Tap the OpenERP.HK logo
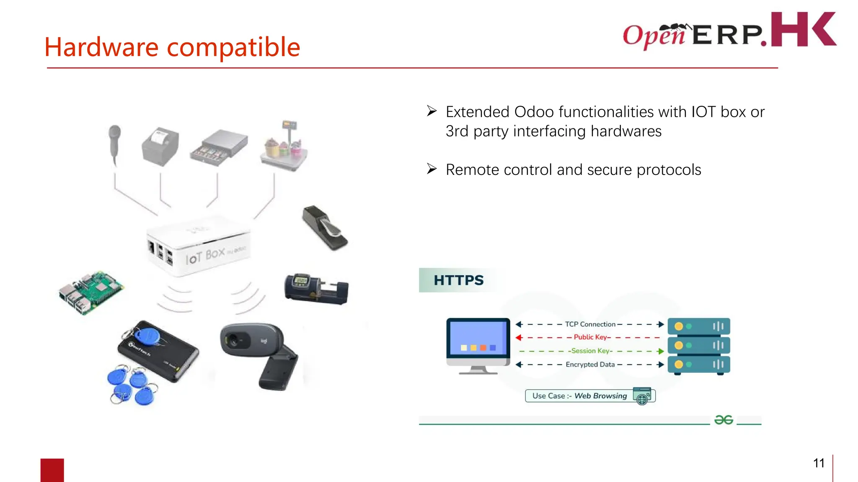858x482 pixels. [729, 31]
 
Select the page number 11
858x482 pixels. [819, 463]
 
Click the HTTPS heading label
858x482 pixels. [458, 280]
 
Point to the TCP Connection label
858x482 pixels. [590, 324]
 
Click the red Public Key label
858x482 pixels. [590, 337]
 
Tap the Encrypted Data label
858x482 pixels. [590, 364]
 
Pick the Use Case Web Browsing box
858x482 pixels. [590, 396]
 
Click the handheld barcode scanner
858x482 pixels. [114, 142]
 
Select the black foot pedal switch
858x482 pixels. [325, 228]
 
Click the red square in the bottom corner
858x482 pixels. [52, 470]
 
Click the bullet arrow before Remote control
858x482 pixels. [432, 169]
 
